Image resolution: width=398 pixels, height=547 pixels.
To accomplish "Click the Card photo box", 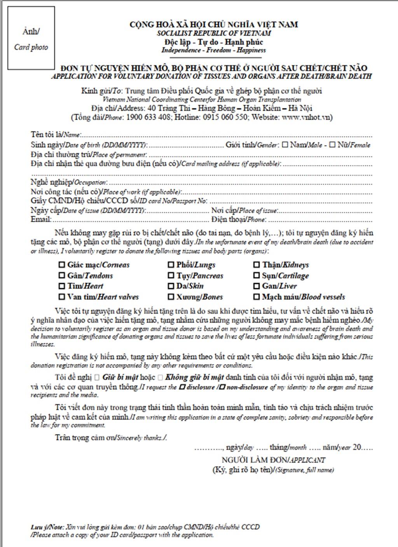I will click(31, 38).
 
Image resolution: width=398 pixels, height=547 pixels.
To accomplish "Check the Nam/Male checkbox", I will click(285, 145).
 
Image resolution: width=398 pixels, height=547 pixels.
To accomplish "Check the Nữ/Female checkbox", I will click(332, 145).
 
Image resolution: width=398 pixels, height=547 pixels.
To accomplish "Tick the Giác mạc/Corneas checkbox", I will click(62, 265).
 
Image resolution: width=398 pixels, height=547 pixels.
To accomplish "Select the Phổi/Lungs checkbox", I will click(171, 265).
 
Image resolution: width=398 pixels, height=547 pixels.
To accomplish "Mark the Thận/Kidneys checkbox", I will click(257, 265).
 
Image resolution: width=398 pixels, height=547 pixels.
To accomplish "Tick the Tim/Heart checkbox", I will click(62, 286).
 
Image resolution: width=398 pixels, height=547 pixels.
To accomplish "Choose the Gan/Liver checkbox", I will click(257, 286).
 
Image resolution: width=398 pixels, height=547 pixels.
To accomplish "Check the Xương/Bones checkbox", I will click(171, 297).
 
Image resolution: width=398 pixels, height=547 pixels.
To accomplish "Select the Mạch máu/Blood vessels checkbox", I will click(257, 297).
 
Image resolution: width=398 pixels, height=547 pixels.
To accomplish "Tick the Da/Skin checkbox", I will click(171, 286).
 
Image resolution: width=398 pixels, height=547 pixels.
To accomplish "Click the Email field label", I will click(41, 219).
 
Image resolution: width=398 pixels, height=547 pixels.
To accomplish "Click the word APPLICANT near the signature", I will click(307, 460).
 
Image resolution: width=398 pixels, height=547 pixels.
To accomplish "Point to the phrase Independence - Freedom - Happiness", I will click(213, 50).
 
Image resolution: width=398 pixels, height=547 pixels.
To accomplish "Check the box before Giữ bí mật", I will click(97, 377).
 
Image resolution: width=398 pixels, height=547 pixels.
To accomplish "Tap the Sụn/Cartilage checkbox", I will click(257, 276).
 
